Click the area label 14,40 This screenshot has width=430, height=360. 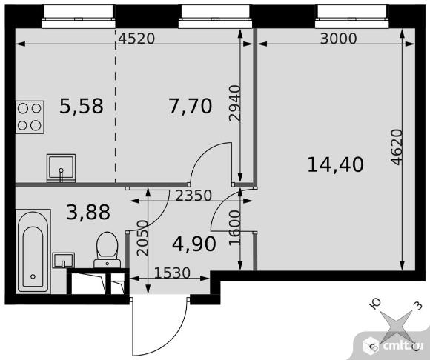[335, 164]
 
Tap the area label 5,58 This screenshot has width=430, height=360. [82, 106]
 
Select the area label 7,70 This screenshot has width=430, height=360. [190, 106]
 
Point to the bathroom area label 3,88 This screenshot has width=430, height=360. [88, 212]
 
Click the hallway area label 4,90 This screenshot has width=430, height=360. [194, 244]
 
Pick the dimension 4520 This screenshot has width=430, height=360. [136, 39]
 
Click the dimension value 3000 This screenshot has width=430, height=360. [339, 39]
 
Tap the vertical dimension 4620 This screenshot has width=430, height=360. [397, 147]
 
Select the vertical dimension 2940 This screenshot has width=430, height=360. [235, 103]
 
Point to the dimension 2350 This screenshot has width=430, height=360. [193, 196]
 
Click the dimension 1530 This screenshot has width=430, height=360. [172, 273]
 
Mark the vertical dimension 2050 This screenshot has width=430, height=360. [142, 238]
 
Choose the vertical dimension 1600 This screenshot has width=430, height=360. [235, 227]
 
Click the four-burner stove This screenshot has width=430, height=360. [30, 117]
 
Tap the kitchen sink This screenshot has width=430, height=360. [61, 168]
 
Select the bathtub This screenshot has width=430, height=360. [33, 252]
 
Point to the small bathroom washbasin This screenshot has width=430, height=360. [63, 260]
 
